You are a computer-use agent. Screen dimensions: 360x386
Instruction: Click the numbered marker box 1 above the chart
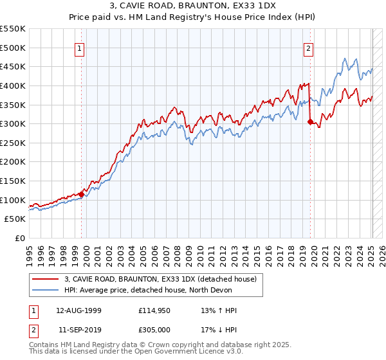click(79, 48)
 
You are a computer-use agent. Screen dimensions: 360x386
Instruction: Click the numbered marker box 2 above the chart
click(309, 48)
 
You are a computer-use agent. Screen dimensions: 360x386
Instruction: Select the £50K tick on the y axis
click(15, 219)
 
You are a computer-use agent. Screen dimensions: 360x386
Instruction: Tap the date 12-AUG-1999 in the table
click(79, 310)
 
